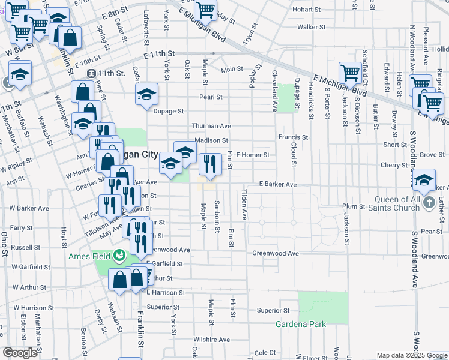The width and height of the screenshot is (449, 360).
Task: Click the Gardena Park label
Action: pyautogui.click(x=300, y=325)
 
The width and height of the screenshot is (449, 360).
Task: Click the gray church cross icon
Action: pyautogui.click(x=429, y=203)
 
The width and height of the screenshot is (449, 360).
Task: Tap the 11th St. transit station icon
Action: pyautogui.click(x=91, y=73)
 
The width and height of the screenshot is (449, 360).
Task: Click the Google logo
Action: pyautogui.click(x=20, y=352)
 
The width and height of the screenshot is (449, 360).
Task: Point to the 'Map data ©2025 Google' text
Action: pyautogui.click(x=412, y=355)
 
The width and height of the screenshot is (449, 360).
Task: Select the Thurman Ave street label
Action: pyautogui.click(x=211, y=126)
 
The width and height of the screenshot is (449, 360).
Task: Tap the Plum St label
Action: pyautogui.click(x=354, y=206)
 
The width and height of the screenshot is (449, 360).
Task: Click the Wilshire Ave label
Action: pyautogui.click(x=212, y=339)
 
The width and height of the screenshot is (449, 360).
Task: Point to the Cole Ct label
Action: pyautogui.click(x=265, y=353)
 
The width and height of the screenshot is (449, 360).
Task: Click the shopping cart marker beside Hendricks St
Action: pyautogui.click(x=349, y=73)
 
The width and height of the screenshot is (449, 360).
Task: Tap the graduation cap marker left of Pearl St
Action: pyautogui.click(x=146, y=95)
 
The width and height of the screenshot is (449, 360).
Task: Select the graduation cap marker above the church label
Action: pyautogui.click(x=424, y=180)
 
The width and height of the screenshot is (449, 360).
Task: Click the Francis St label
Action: pyautogui.click(x=293, y=137)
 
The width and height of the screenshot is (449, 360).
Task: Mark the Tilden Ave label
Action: pyautogui.click(x=244, y=204)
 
